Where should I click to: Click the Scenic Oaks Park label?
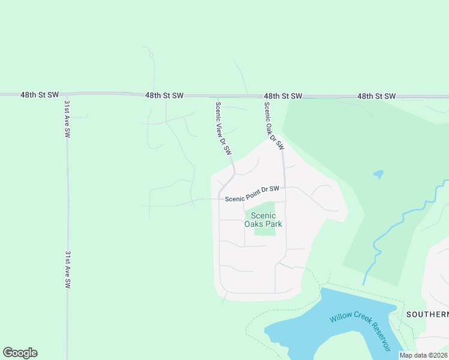point(263,220)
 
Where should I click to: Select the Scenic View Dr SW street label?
point(223,129)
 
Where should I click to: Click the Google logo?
point(20,353)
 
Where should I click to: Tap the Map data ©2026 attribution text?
point(424,355)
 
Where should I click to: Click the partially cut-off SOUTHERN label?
point(427,314)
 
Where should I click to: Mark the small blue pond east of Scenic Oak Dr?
point(378,175)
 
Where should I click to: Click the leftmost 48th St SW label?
point(40,95)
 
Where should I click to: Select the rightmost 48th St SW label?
point(377,96)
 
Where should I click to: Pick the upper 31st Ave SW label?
point(67,119)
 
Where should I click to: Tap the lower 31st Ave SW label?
point(67,271)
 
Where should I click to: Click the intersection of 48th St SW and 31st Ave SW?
point(67,95)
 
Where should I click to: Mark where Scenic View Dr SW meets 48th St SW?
point(218,95)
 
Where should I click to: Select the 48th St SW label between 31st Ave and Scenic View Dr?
point(164,95)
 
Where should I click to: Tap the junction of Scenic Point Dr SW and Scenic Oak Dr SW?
point(285,188)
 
